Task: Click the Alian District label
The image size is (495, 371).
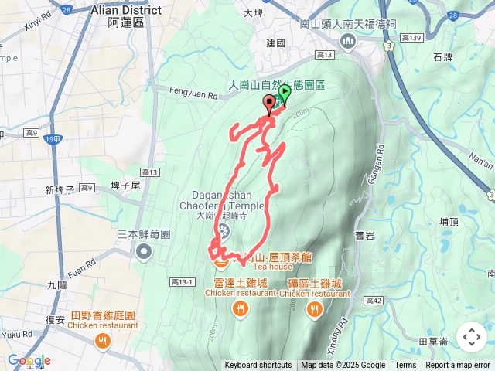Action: pyautogui.click(x=126, y=10)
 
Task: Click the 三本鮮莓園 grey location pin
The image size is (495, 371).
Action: pyautogui.click(x=144, y=250)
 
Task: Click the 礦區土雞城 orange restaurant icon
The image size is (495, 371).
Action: pyautogui.click(x=314, y=310)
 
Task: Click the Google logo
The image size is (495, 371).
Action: pyautogui.click(x=29, y=361)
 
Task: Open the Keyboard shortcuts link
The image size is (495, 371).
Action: pyautogui.click(x=258, y=366)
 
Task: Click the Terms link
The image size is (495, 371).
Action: pyautogui.click(x=405, y=366)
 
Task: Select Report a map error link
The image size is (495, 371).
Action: pyautogui.click(x=458, y=366)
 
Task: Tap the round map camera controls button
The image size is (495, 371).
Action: pyautogui.click(x=472, y=337)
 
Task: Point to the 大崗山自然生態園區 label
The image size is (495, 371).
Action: pyautogui.click(x=277, y=87)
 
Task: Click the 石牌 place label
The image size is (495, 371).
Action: pyautogui.click(x=442, y=56)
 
